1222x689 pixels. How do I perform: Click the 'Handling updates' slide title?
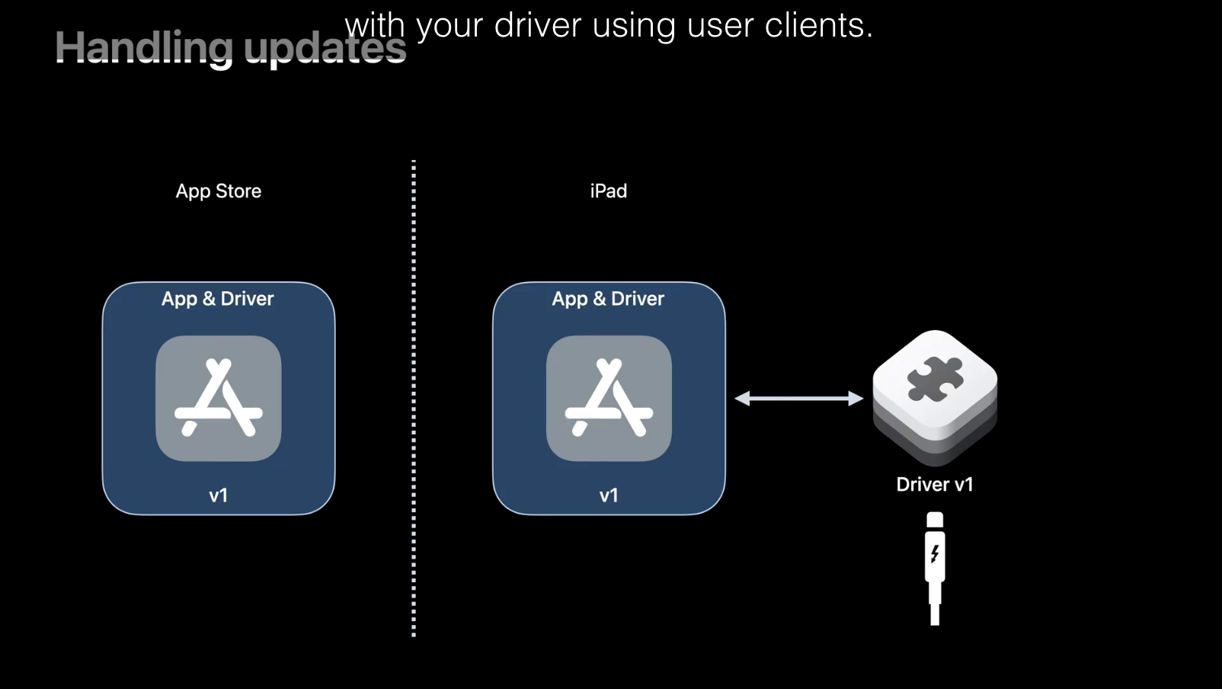pyautogui.click(x=230, y=48)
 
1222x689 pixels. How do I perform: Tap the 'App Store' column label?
pyautogui.click(x=219, y=191)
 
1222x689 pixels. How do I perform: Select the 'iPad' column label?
pyautogui.click(x=608, y=191)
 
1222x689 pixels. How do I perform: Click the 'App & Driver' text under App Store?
pyautogui.click(x=218, y=299)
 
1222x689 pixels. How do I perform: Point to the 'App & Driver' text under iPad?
pyautogui.click(x=608, y=299)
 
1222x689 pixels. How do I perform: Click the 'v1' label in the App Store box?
pyautogui.click(x=219, y=495)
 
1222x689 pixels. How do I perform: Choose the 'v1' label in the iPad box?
pyautogui.click(x=609, y=495)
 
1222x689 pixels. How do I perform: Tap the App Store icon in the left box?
pyautogui.click(x=219, y=398)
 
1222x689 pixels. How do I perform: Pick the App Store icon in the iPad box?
pyautogui.click(x=609, y=398)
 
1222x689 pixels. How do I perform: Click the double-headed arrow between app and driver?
pyautogui.click(x=798, y=398)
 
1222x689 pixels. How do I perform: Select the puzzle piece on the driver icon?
pyautogui.click(x=935, y=379)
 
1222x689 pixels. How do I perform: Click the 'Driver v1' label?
pyautogui.click(x=935, y=485)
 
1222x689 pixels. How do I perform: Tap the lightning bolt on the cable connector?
pyautogui.click(x=935, y=554)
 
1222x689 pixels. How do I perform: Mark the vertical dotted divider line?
pyautogui.click(x=414, y=396)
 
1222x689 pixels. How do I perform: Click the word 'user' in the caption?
pyautogui.click(x=720, y=26)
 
